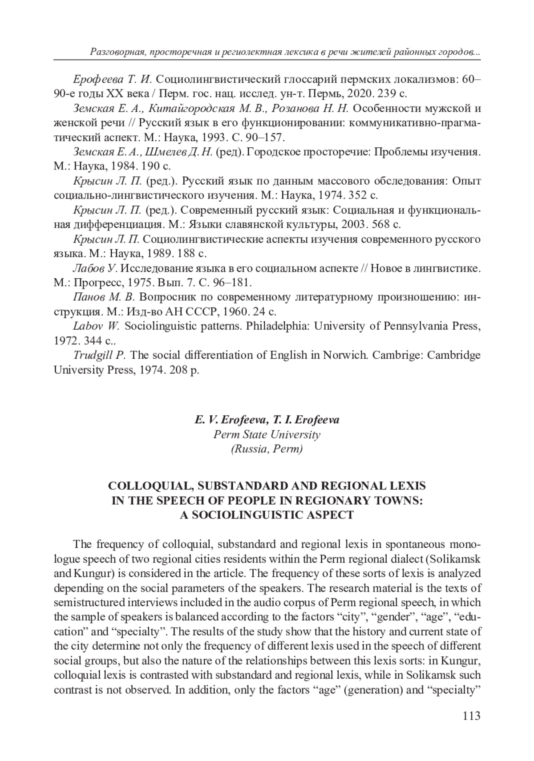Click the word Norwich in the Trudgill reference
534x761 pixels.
pyautogui.click(x=344, y=355)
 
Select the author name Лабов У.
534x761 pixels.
pyautogui.click(x=95, y=268)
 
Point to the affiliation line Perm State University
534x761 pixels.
pyautogui.click(x=267, y=434)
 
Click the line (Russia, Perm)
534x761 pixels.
pyautogui.click(x=267, y=449)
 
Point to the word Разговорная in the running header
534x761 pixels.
pyautogui.click(x=116, y=52)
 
